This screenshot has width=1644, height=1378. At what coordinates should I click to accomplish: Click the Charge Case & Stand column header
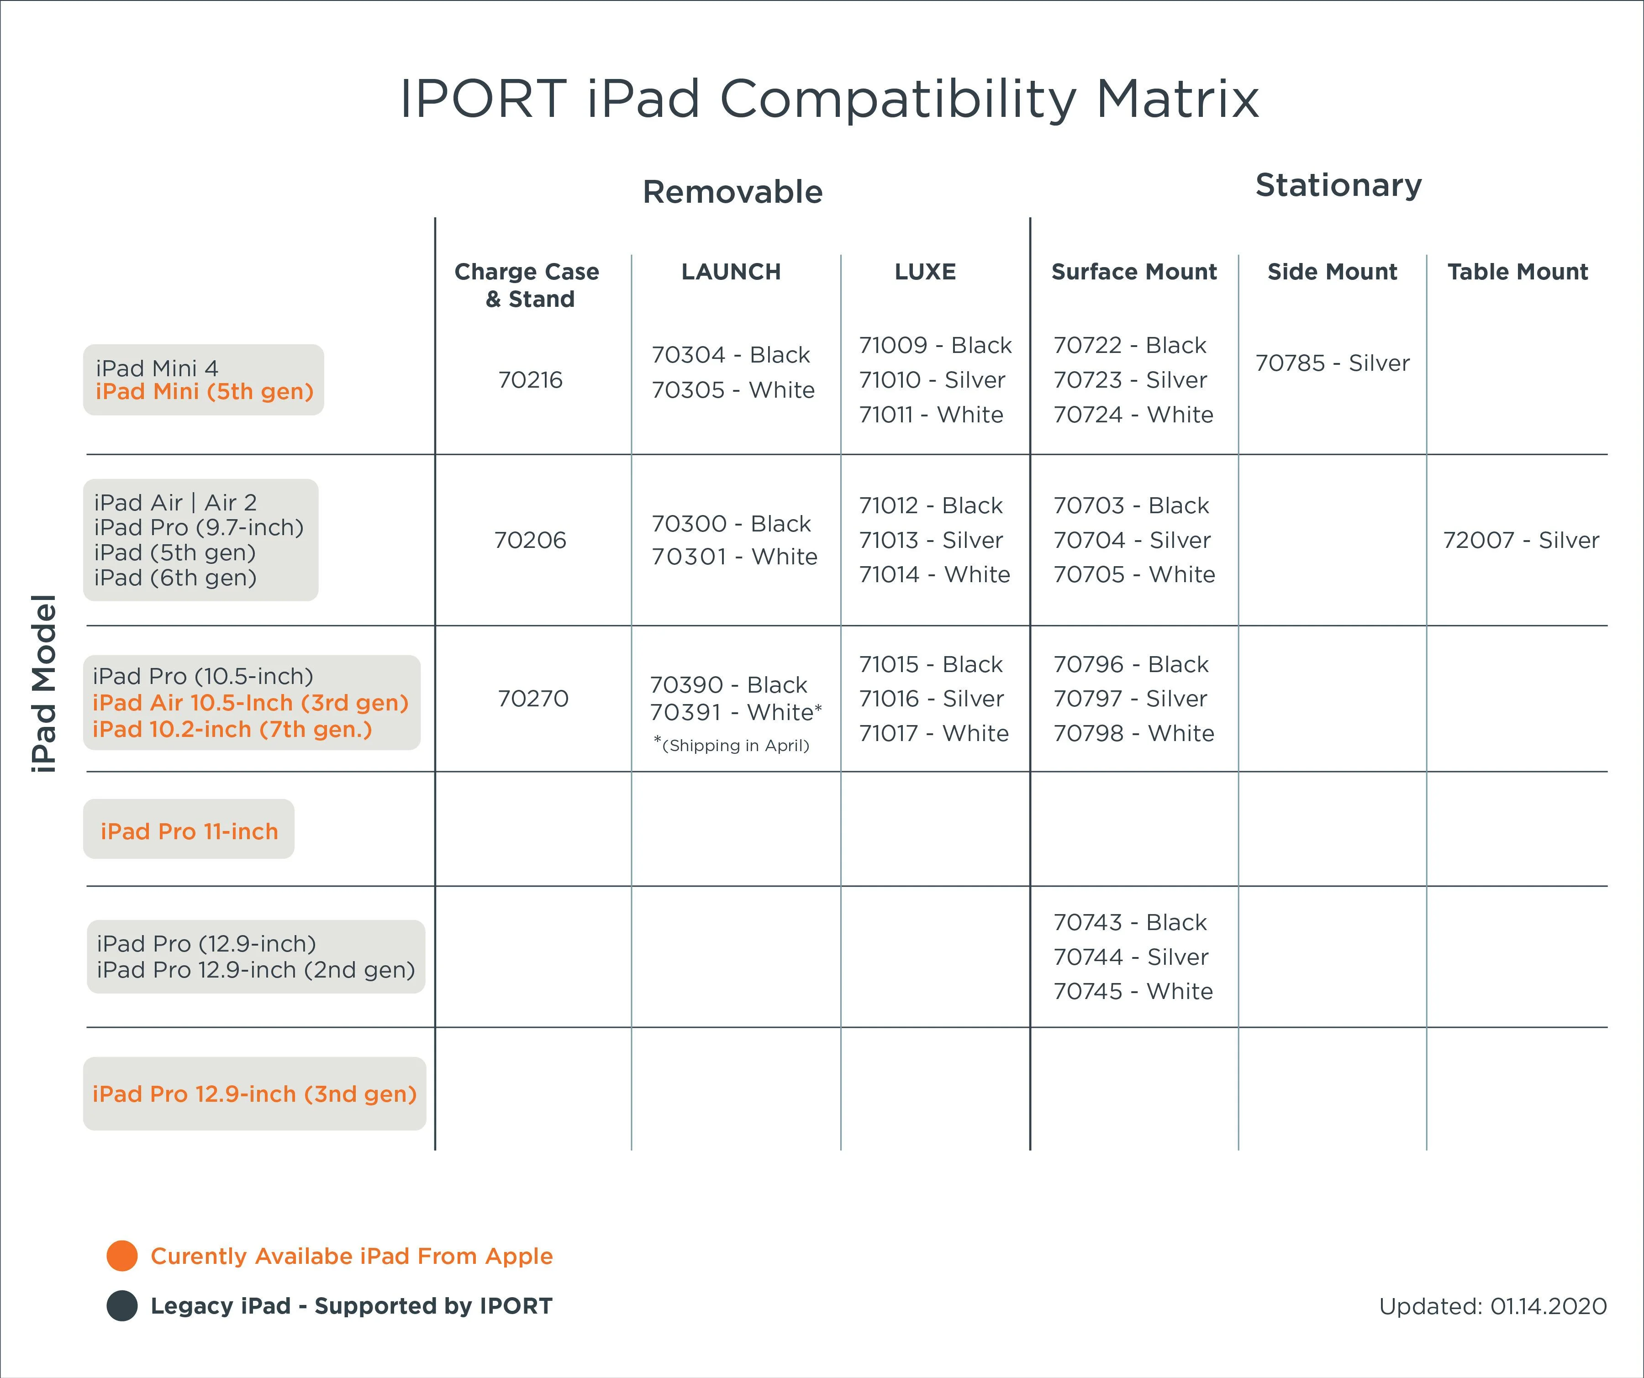[527, 285]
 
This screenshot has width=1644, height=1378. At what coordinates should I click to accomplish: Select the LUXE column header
[925, 272]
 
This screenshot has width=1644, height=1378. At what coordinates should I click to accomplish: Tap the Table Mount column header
[1517, 272]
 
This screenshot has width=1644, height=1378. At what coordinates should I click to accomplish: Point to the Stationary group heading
[1338, 185]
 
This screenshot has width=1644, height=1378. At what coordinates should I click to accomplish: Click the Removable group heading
[733, 192]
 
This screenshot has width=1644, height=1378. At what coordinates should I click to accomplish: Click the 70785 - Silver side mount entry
[1333, 363]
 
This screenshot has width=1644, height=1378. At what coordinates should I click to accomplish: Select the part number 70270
[533, 698]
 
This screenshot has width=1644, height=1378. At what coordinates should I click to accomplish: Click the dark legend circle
[122, 1305]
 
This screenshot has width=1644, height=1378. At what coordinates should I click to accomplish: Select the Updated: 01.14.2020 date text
[1493, 1306]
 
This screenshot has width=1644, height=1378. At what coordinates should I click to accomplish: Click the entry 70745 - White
[1133, 991]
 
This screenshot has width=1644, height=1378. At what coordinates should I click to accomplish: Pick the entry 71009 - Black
[936, 345]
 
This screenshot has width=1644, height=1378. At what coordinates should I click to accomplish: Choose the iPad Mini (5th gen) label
[204, 391]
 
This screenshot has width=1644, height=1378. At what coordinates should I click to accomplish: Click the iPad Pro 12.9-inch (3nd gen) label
[254, 1094]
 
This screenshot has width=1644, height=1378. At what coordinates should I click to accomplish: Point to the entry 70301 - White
[734, 557]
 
